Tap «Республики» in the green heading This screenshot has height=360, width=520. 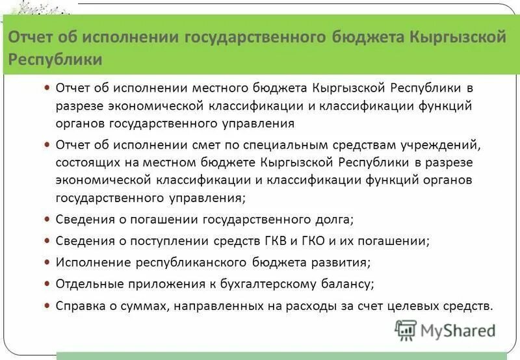pos(55,60)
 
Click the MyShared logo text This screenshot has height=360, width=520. pos(458,330)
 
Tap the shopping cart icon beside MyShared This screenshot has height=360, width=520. pos(406,331)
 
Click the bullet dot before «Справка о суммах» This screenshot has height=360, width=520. pos(46,305)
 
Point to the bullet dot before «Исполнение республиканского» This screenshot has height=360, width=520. pos(46,262)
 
